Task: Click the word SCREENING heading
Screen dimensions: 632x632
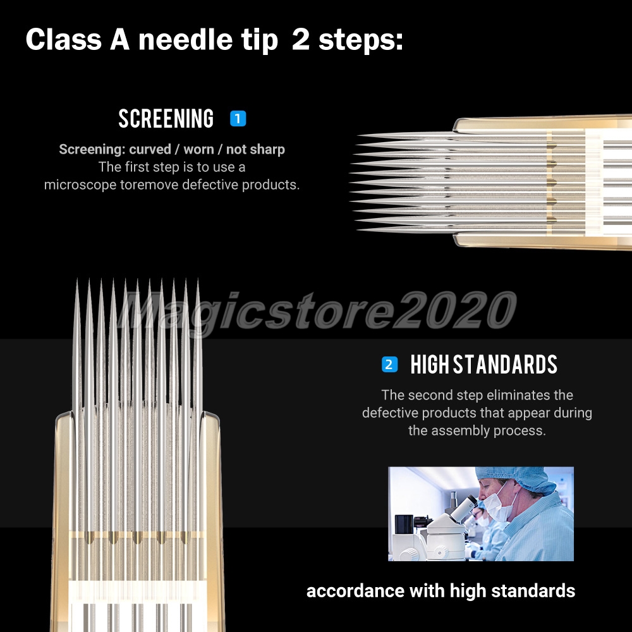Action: click(x=166, y=119)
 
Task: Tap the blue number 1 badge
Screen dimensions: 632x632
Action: click(x=238, y=119)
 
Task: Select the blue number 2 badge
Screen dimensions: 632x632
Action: click(x=389, y=365)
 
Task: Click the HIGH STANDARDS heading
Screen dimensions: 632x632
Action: click(x=483, y=365)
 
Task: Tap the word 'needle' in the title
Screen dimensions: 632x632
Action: click(x=185, y=39)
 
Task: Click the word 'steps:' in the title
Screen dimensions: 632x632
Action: click(x=361, y=40)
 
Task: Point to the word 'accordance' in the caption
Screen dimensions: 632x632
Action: click(x=355, y=592)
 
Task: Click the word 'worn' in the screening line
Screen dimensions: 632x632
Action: click(x=198, y=150)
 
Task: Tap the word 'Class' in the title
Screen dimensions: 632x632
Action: click(x=64, y=39)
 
